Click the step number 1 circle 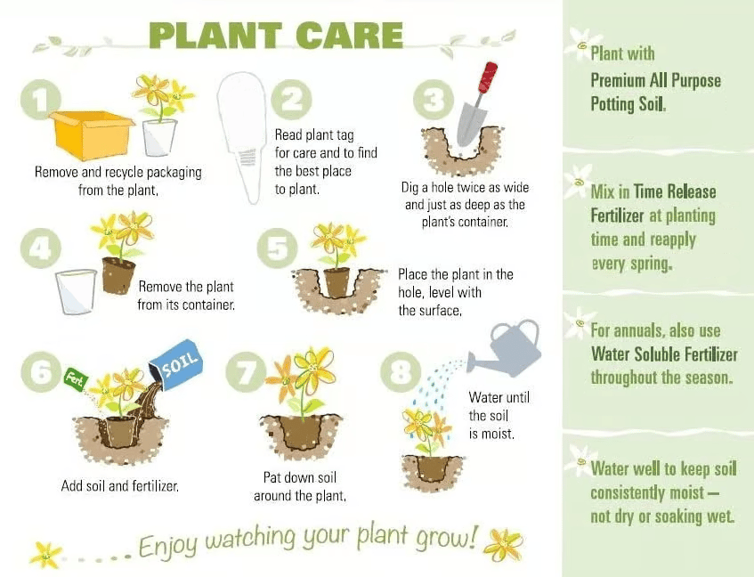click(x=41, y=100)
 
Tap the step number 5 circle click(x=277, y=248)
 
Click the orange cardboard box click(x=92, y=135)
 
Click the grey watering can click(x=505, y=347)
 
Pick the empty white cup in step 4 click(x=76, y=291)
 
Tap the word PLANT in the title click(x=215, y=36)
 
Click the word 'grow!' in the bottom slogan click(x=447, y=537)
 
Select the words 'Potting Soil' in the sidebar click(x=628, y=104)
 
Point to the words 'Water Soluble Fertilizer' click(x=664, y=354)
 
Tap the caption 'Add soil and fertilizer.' click(x=120, y=486)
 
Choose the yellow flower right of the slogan click(x=503, y=545)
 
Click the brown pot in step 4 click(x=118, y=275)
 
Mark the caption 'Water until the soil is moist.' click(x=499, y=416)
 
